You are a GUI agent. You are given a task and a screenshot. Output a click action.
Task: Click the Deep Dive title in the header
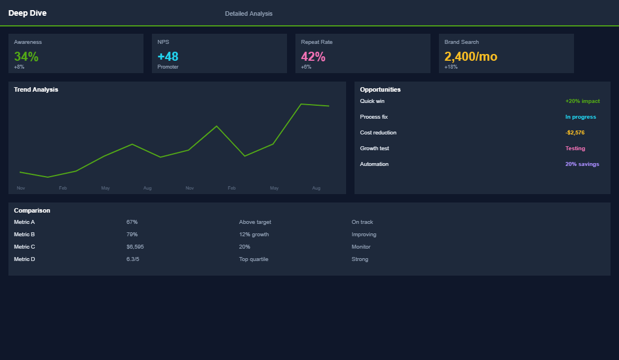28,13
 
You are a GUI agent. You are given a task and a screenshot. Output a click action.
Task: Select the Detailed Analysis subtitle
248,13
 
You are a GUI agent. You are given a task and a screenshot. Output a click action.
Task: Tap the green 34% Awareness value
26,56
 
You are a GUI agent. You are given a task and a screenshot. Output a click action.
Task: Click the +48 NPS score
168,56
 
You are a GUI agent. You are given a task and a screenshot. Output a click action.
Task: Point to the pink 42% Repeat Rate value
313,56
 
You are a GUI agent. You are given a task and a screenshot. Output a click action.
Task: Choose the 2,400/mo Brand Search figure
470,56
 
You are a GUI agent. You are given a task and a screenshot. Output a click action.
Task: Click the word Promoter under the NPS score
168,67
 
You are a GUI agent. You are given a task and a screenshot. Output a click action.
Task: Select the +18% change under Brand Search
451,67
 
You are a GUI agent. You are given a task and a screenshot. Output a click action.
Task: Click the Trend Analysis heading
36,89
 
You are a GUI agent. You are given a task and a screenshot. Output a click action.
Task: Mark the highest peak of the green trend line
302,104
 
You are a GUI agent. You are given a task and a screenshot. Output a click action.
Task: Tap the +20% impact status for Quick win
582,101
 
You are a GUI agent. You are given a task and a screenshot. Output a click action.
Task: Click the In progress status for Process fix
580,117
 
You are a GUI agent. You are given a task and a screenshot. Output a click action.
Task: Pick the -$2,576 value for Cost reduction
575,133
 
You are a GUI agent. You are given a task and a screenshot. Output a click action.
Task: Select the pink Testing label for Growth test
575,148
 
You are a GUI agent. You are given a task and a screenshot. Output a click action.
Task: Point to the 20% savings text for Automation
582,164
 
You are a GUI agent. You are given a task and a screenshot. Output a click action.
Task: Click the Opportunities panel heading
380,89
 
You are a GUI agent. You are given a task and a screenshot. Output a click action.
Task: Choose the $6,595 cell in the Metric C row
135,247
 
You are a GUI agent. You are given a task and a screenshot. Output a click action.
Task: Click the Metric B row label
24,235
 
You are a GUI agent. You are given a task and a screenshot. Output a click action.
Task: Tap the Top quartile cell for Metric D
253,259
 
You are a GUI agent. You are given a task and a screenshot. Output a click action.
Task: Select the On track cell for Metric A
362,222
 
